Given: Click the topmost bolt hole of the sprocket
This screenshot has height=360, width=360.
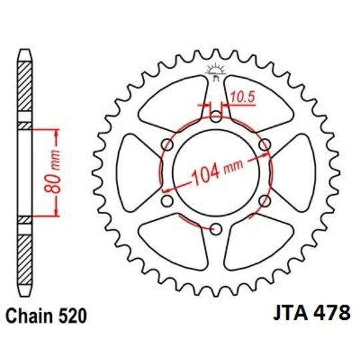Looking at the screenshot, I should point(215,118).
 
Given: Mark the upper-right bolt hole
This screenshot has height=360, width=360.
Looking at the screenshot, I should point(264,145).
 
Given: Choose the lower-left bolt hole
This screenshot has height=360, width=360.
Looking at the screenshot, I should point(167,201).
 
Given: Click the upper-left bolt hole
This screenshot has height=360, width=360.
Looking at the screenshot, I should point(167,145).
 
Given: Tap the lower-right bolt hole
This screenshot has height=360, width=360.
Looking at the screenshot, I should point(264,201).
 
